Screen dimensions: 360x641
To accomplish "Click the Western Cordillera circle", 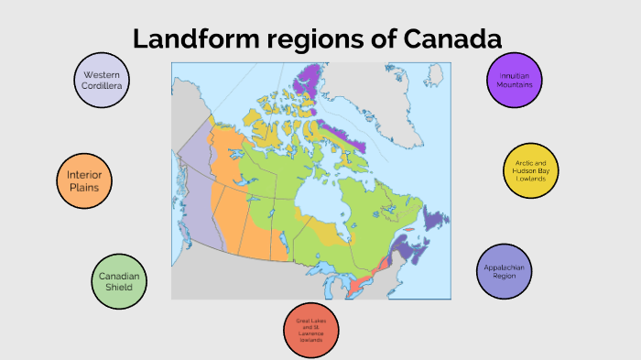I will point(102,79).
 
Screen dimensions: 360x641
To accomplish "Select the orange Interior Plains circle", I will point(83,180).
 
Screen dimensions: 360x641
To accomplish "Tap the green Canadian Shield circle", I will point(119,280).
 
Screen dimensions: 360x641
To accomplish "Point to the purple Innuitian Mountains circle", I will point(515,79).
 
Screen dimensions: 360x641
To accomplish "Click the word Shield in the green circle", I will point(119,288).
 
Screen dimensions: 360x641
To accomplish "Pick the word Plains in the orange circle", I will point(83,187).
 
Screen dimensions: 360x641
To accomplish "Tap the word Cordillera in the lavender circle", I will point(102,85).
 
